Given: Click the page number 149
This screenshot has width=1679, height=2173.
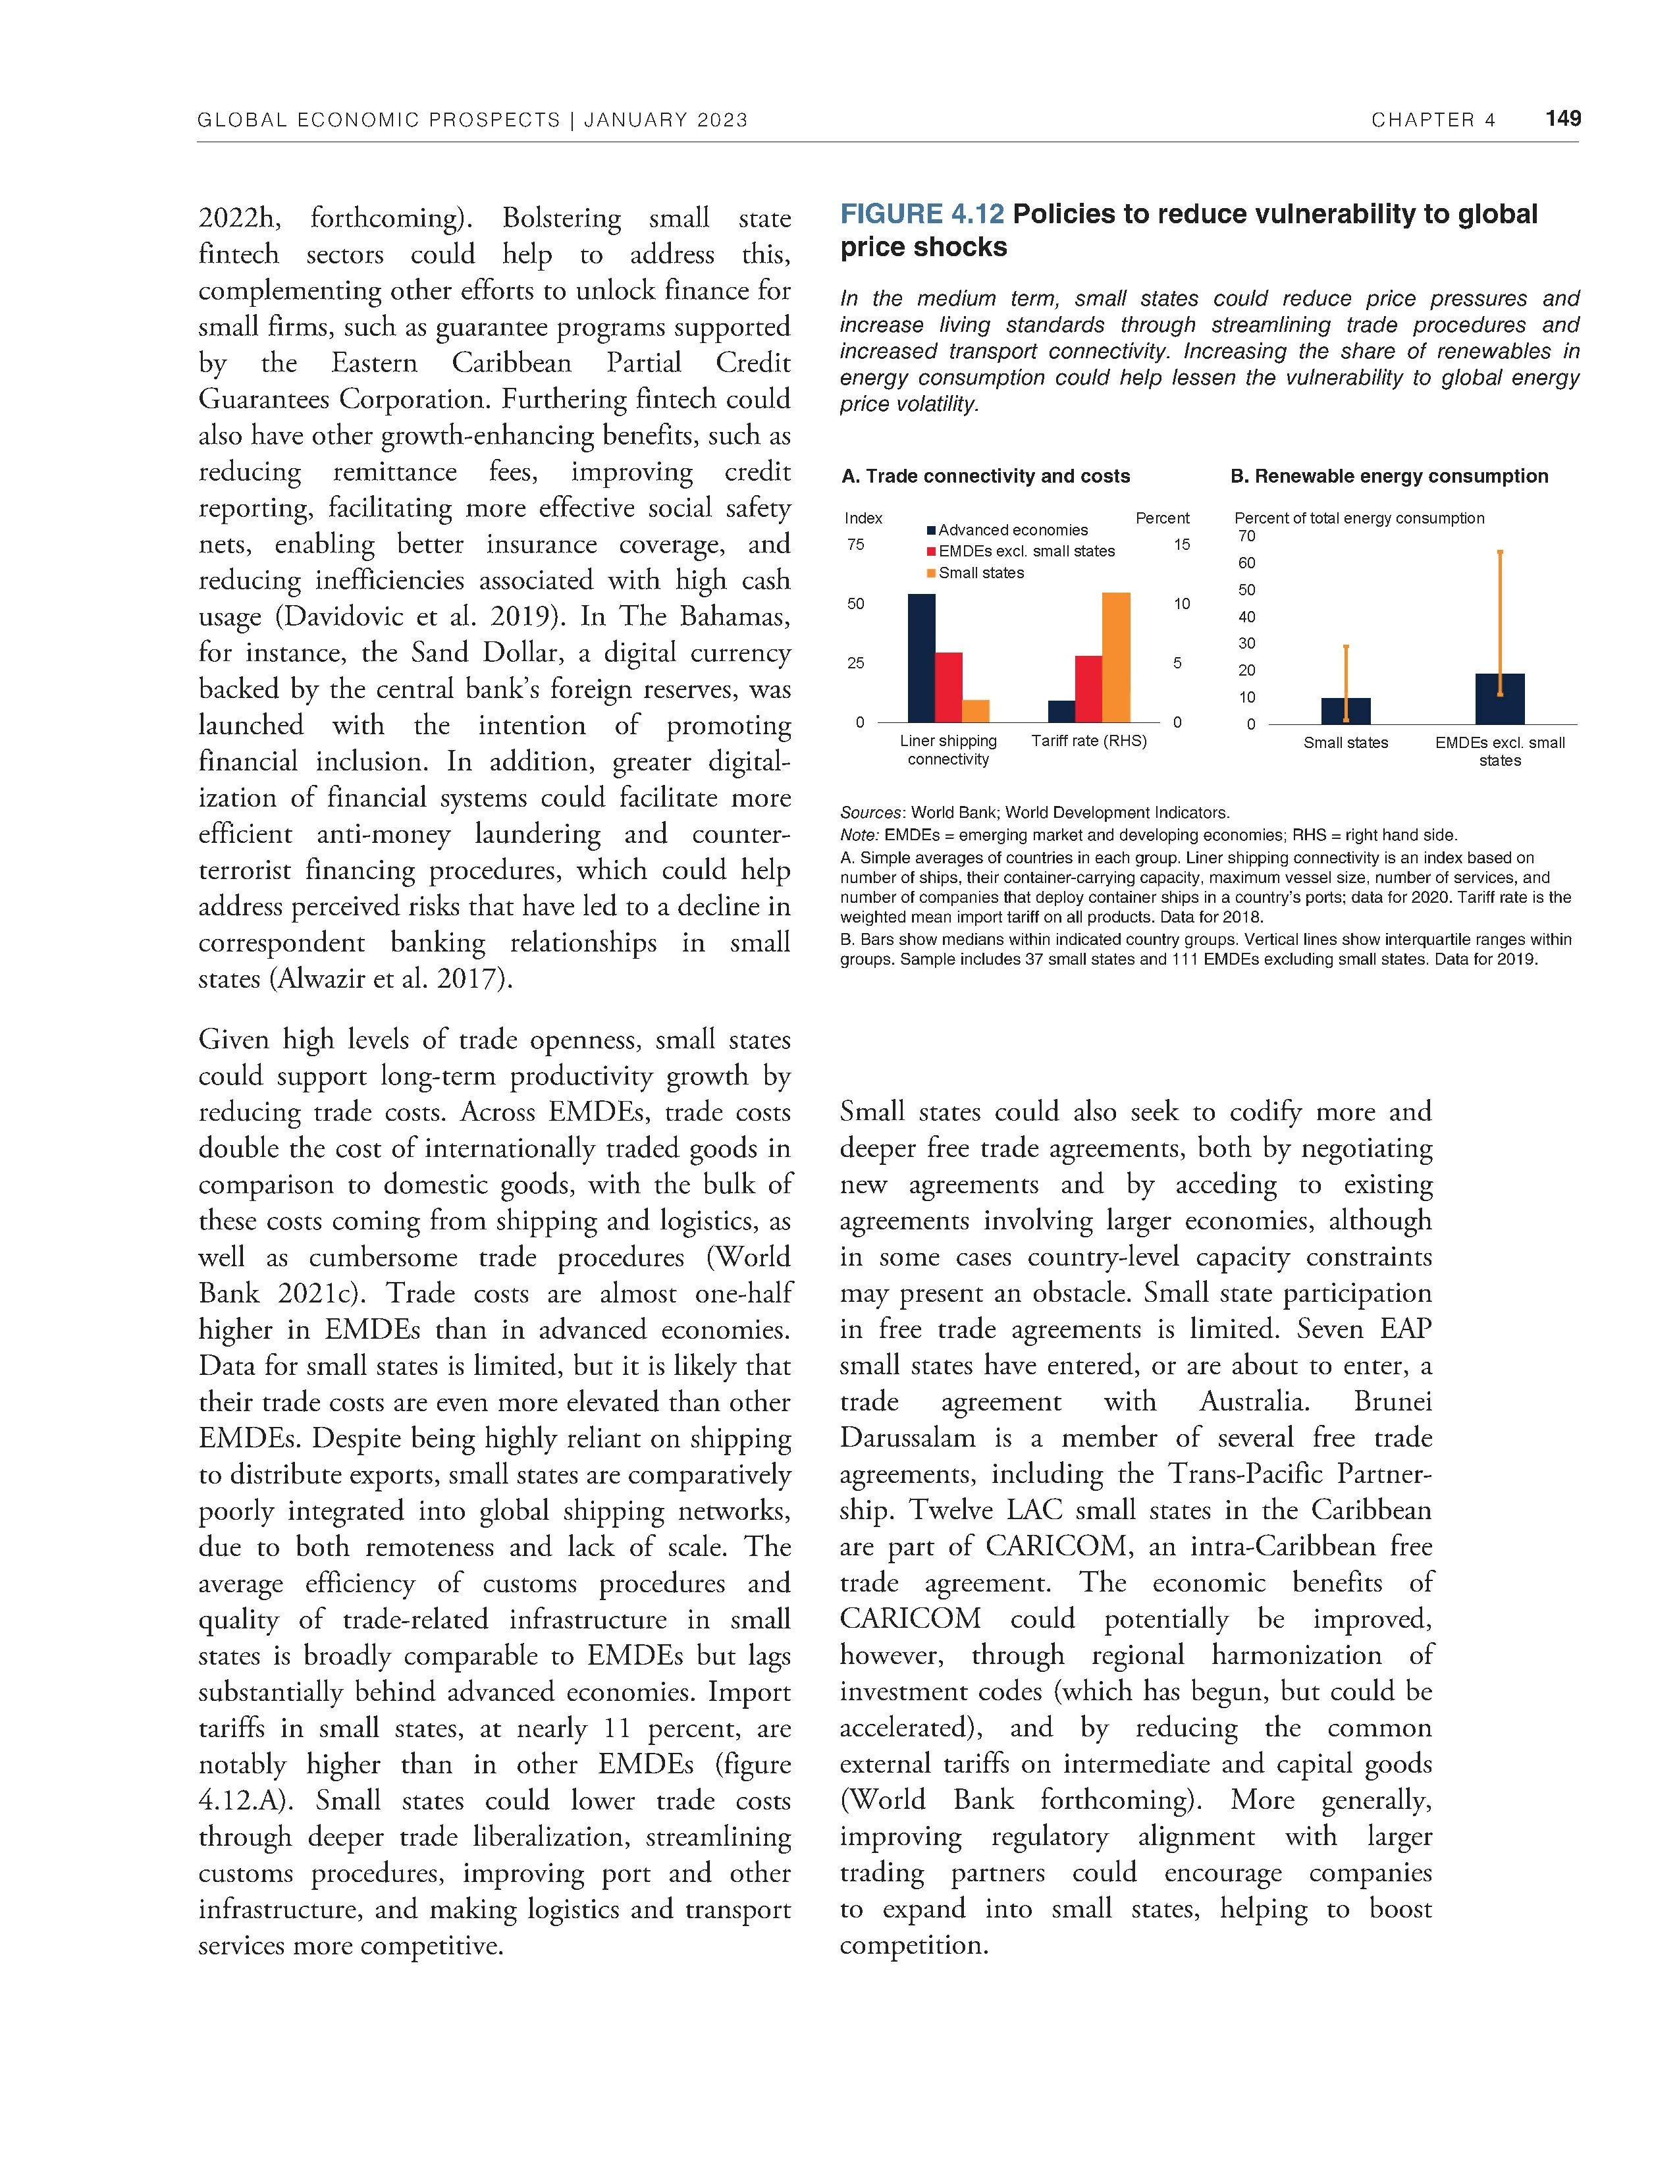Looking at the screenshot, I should tap(1562, 119).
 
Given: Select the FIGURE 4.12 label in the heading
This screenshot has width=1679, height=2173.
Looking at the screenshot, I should tap(922, 214).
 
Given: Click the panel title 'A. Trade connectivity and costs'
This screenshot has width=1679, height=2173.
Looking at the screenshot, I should tap(985, 477).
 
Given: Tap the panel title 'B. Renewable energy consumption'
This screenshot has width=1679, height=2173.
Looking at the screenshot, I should tap(1389, 477).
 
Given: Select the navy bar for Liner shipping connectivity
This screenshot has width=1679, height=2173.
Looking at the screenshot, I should tap(922, 658).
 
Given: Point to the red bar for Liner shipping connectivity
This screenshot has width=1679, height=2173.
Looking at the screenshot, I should tap(949, 687).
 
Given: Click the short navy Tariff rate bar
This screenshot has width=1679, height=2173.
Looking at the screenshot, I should tap(1062, 711).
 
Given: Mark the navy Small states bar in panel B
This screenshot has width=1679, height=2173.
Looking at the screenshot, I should tap(1346, 711).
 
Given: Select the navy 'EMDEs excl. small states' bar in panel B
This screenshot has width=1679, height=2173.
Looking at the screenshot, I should tap(1500, 699).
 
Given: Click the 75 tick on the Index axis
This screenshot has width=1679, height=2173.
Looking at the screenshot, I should tap(855, 545).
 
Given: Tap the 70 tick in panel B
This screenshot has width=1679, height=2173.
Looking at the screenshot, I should tap(1246, 536).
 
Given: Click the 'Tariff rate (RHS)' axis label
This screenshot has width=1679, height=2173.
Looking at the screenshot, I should tap(1089, 741).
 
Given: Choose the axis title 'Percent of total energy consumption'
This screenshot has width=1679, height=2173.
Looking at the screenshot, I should tap(1359, 518).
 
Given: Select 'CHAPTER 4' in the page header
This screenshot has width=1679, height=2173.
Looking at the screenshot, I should tap(1432, 121).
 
